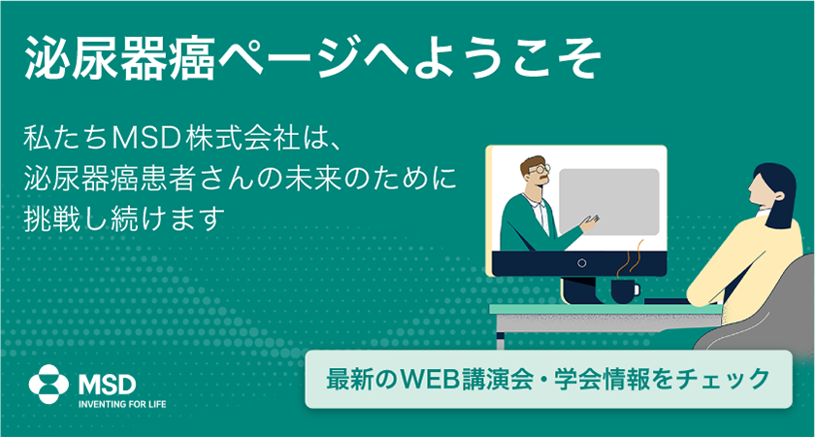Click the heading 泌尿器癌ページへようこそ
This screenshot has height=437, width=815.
(x=311, y=58)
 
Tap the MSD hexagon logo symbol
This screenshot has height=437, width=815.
(x=49, y=384)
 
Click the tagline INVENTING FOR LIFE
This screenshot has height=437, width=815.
(x=121, y=404)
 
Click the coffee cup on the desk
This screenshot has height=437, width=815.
(x=625, y=290)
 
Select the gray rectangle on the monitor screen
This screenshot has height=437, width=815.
(x=608, y=201)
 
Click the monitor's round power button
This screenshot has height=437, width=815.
(x=582, y=263)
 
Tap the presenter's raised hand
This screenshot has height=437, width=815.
(x=590, y=222)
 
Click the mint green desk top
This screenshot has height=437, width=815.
(x=605, y=309)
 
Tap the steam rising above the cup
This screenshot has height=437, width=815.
(x=630, y=259)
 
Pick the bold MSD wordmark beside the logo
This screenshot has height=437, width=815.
(x=107, y=385)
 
